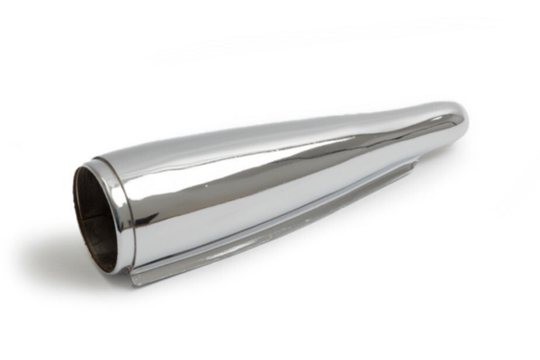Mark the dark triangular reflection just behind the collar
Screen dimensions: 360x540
click(144, 193)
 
